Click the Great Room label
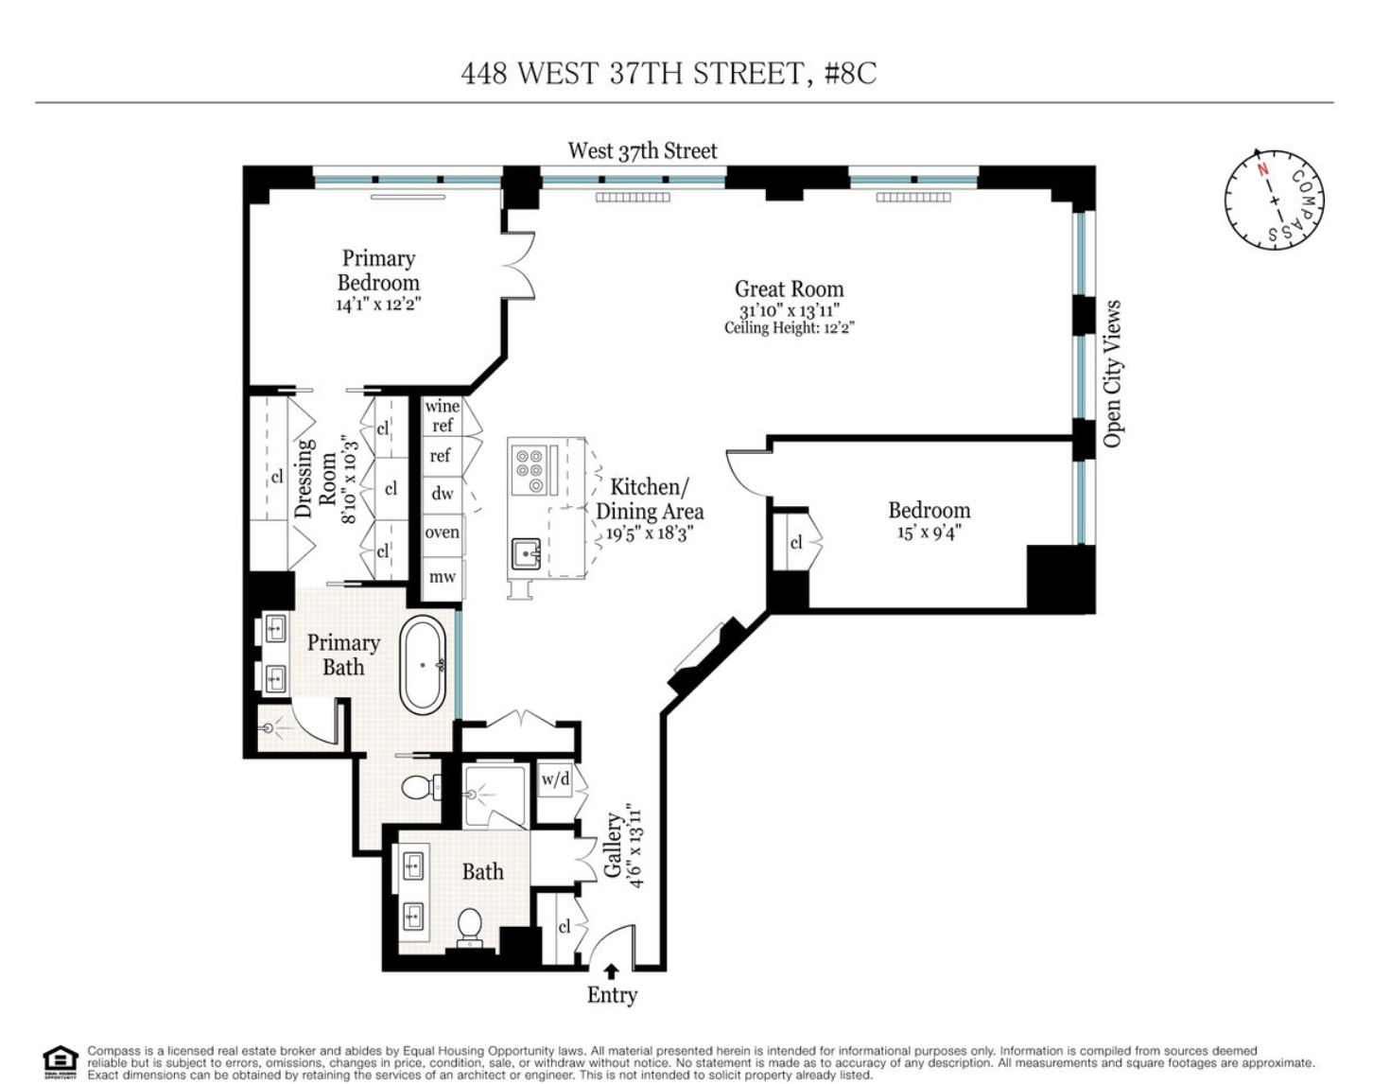click(x=789, y=289)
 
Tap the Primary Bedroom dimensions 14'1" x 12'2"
click(x=378, y=305)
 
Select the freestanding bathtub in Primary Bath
click(x=423, y=665)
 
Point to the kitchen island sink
click(x=526, y=553)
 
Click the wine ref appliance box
click(x=442, y=416)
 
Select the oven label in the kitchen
click(x=442, y=533)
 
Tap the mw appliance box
click(x=442, y=576)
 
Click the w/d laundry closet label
click(x=556, y=779)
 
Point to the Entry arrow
click(x=612, y=971)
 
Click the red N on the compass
click(x=1261, y=170)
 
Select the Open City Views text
click(x=1112, y=374)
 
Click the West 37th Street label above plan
click(x=642, y=150)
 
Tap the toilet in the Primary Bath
click(x=419, y=786)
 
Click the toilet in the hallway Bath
click(x=470, y=926)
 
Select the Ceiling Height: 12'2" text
click(x=790, y=328)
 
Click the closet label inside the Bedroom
click(x=795, y=542)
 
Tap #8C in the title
click(x=850, y=73)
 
